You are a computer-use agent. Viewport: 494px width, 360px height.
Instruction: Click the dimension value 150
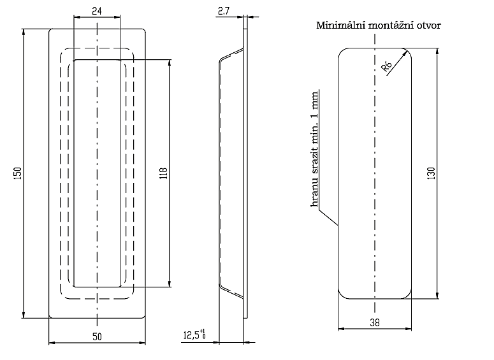pyautogui.click(x=18, y=173)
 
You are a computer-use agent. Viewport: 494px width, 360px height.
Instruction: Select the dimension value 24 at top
pyautogui.click(x=96, y=11)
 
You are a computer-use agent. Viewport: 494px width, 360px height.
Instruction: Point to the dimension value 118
pyautogui.click(x=163, y=173)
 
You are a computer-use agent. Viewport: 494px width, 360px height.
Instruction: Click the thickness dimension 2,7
pyautogui.click(x=223, y=11)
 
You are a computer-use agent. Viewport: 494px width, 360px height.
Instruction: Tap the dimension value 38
pyautogui.click(x=374, y=322)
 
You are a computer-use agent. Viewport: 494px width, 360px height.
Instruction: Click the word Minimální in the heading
pyautogui.click(x=339, y=25)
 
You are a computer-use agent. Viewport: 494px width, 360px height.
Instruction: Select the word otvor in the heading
pyautogui.click(x=427, y=25)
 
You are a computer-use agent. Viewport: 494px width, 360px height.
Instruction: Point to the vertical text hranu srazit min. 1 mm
pyautogui.click(x=314, y=150)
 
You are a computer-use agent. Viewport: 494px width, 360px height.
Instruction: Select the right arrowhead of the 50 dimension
pyautogui.click(x=143, y=343)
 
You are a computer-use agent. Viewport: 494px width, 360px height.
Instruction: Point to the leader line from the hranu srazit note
pyautogui.click(x=327, y=216)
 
